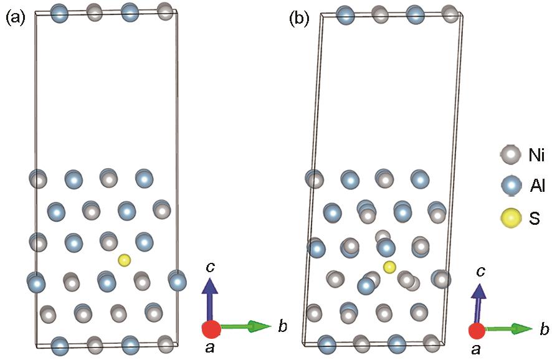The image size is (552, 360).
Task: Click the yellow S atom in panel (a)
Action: click(124, 260)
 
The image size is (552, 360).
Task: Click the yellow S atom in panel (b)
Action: click(389, 267)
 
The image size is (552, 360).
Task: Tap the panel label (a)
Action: click(16, 18)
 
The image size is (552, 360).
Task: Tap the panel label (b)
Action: click(299, 19)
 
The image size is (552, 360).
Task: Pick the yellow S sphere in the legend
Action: click(511, 218)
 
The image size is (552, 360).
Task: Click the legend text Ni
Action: click(537, 155)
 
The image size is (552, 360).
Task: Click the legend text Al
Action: click(537, 185)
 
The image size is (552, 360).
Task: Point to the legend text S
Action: click(535, 219)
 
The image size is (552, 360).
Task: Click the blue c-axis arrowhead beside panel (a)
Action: click(210, 285)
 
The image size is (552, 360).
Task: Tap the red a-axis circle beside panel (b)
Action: click(477, 331)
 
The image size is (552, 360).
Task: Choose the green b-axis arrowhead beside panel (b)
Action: click(522, 329)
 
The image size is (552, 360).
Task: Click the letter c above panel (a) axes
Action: click(211, 268)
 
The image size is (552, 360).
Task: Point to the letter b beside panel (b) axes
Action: click(545, 329)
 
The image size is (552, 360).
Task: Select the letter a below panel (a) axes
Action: click(210, 348)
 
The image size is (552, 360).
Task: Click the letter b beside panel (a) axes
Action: click(282, 326)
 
